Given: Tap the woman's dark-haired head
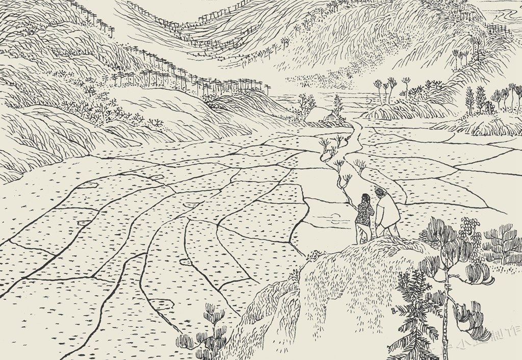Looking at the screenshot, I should [365, 197].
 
